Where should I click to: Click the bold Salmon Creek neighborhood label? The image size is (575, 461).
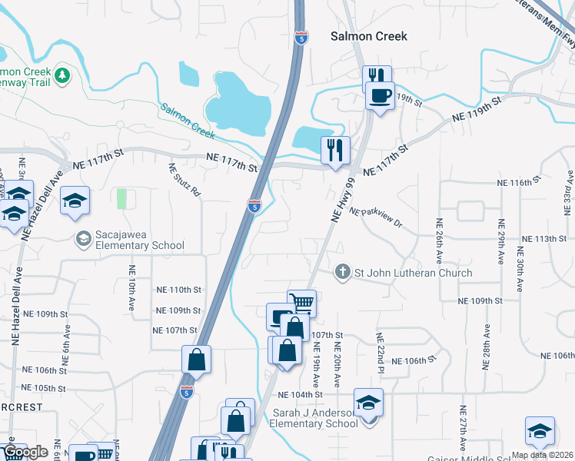(368, 36)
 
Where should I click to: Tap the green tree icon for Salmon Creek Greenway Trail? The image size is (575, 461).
(65, 75)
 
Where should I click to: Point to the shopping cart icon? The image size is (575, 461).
(302, 303)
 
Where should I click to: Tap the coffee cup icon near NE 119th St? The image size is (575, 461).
(380, 96)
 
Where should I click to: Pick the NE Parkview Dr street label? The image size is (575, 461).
(376, 217)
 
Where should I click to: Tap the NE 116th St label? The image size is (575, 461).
(514, 183)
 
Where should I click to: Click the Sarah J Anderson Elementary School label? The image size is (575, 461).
(315, 418)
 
